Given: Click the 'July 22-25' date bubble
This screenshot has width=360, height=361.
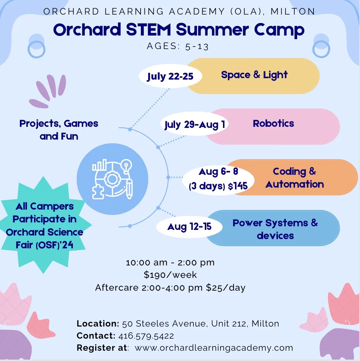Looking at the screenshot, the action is click(x=170, y=76).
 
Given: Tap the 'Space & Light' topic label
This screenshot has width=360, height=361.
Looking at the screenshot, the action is click(x=254, y=75).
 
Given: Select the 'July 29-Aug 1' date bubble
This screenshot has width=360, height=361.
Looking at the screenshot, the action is click(x=194, y=124).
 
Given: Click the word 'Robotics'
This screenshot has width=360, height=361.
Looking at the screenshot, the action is click(x=273, y=123).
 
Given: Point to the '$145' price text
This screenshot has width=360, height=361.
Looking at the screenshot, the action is click(x=238, y=186).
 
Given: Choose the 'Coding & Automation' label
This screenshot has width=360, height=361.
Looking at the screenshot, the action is click(x=294, y=178).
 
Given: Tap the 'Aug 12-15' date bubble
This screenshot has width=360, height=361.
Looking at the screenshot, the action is click(x=189, y=227).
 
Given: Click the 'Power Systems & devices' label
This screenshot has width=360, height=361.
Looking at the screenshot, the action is click(x=275, y=229).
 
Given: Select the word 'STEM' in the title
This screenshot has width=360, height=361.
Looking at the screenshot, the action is click(x=148, y=29).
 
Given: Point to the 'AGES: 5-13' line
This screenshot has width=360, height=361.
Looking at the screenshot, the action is click(x=178, y=46).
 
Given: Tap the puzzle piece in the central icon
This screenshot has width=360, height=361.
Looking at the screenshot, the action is click(x=98, y=192).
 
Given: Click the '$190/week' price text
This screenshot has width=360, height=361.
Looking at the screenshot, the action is click(x=170, y=275).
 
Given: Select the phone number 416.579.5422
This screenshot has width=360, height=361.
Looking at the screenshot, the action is click(x=146, y=336).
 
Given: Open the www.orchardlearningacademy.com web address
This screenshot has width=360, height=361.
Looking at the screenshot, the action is click(x=214, y=347).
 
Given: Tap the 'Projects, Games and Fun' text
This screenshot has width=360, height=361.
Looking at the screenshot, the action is click(x=59, y=130).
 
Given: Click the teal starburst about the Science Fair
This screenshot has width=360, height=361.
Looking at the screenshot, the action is click(x=44, y=225).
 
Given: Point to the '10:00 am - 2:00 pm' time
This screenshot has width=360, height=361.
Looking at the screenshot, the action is click(x=170, y=263).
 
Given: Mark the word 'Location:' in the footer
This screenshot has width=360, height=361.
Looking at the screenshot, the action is click(x=98, y=323).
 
